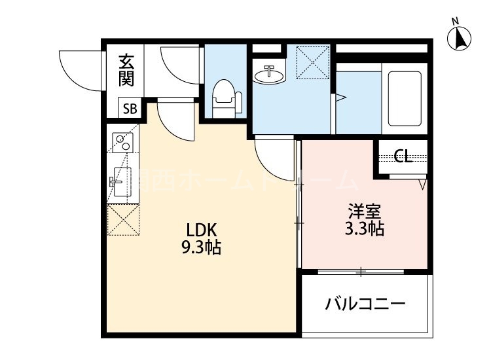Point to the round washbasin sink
click(x=268, y=75)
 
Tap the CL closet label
click(x=402, y=156)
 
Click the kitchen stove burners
click(x=122, y=143)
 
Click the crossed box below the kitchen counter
click(x=122, y=220)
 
